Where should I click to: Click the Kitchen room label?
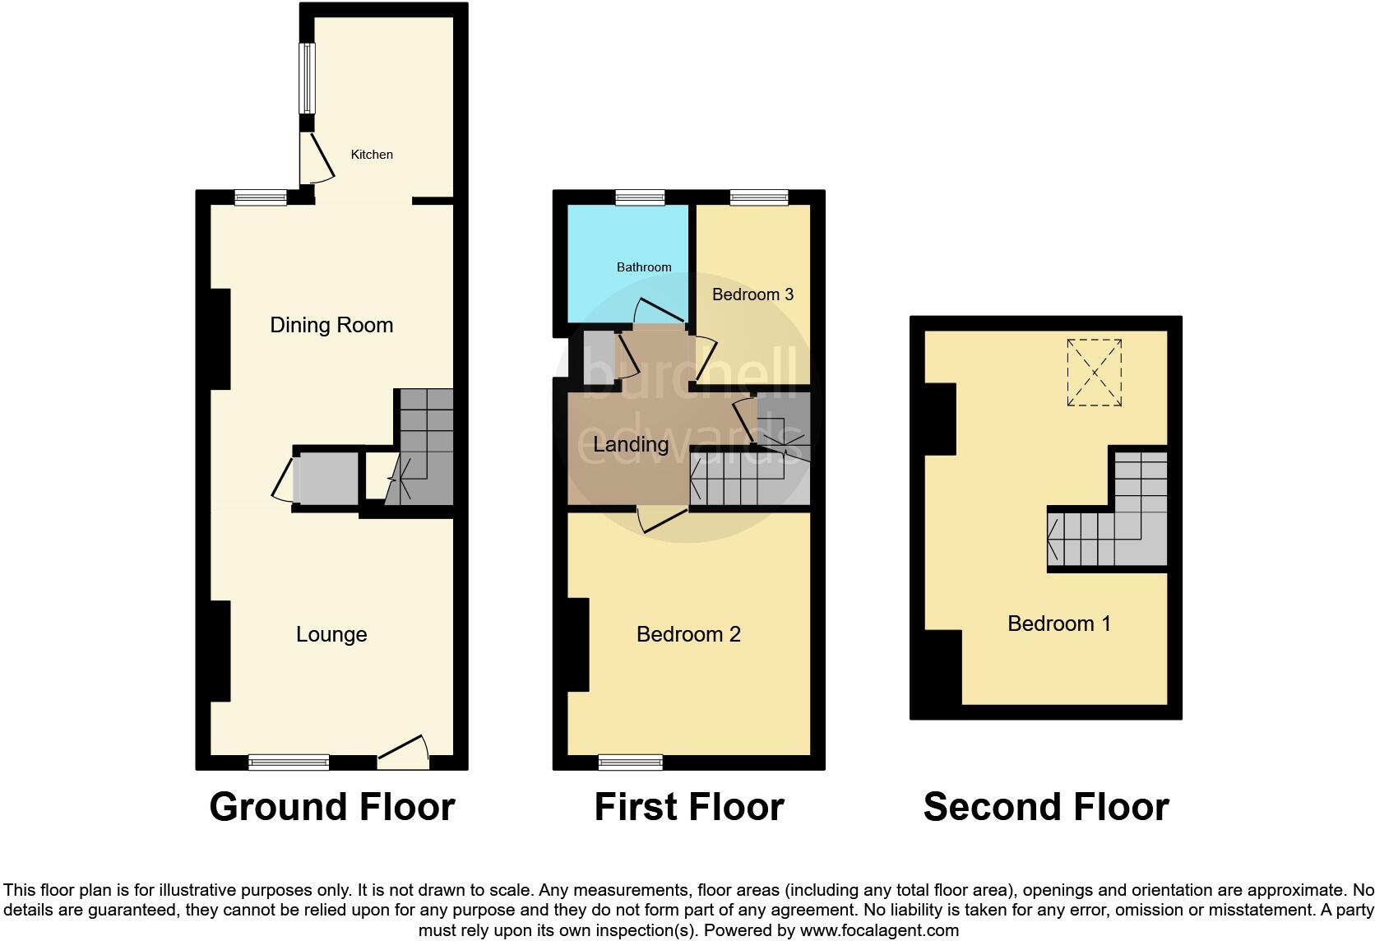click(372, 155)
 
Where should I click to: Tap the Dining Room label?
click(331, 325)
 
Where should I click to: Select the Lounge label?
click(331, 634)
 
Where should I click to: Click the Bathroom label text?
click(644, 267)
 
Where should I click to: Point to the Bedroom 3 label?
click(752, 294)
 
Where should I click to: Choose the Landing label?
click(631, 445)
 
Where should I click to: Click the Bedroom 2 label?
click(688, 634)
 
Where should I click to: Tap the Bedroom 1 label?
click(1059, 623)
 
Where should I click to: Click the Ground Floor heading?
click(331, 807)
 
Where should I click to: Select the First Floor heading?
click(688, 807)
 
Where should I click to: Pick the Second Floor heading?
click(1045, 807)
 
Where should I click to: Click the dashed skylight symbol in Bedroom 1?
click(1095, 373)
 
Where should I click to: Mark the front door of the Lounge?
click(404, 753)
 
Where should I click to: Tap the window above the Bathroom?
click(640, 197)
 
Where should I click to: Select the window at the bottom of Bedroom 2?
click(631, 763)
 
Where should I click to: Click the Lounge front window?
click(289, 763)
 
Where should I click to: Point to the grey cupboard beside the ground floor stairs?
click(326, 478)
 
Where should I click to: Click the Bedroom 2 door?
click(662, 521)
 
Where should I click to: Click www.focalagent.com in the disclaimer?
click(879, 931)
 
